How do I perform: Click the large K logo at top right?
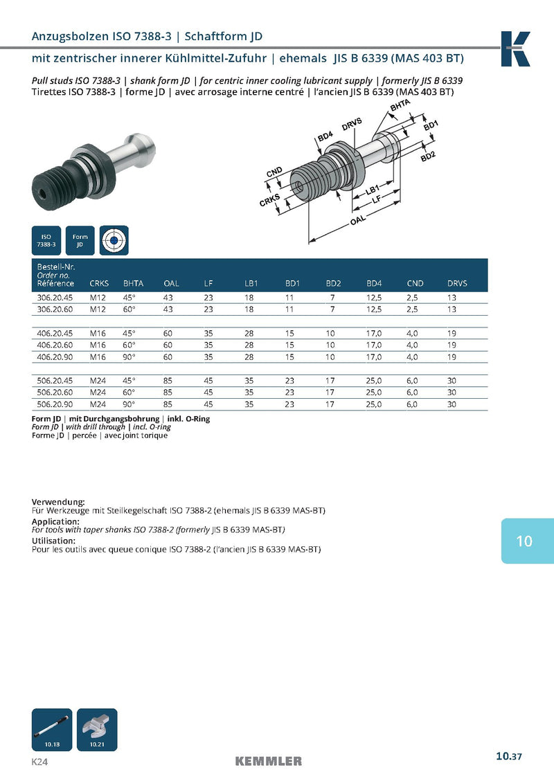pos(515,49)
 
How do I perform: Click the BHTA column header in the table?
pos(133,283)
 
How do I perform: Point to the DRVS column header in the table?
pos(457,283)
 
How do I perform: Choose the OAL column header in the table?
pos(171,283)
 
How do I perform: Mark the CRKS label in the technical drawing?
pos(269,201)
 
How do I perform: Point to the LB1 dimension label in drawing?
pos(372,190)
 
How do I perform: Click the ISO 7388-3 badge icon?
pos(46,240)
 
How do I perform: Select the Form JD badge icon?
pos(80,240)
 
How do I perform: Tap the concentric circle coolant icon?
pos(114,240)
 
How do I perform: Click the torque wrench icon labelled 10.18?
pos(53,729)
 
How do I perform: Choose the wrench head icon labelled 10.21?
pos(96,729)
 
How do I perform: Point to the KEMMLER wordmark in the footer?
pos(269,762)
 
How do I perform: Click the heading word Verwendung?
pos(58,501)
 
